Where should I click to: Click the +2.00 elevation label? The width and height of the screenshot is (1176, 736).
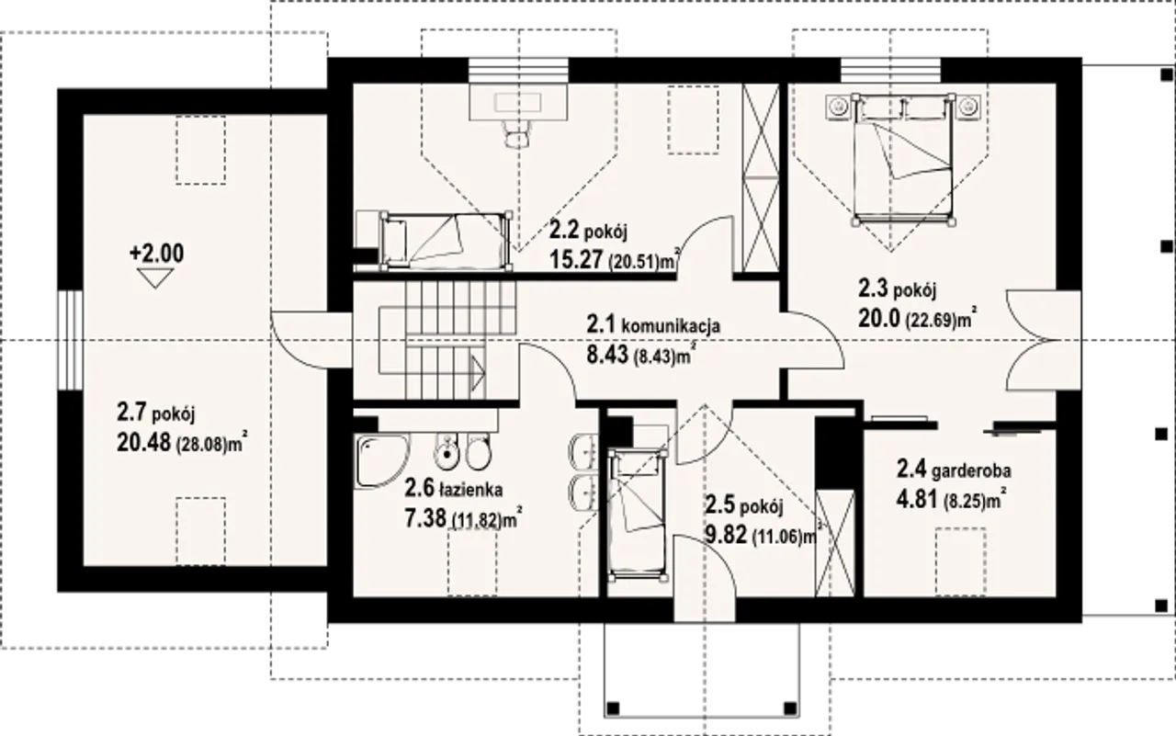(156, 254)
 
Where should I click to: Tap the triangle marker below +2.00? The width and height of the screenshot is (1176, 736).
(155, 277)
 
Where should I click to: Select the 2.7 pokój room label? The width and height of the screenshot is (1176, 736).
(156, 413)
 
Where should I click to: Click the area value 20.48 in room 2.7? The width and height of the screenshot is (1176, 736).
(144, 444)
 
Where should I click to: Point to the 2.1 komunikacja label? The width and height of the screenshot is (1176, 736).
(653, 325)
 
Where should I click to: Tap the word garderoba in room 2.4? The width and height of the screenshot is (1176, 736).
(971, 470)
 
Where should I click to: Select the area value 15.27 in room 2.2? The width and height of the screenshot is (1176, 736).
(576, 259)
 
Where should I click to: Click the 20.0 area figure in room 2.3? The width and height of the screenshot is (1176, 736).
(879, 318)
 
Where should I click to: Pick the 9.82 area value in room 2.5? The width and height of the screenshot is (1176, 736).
(727, 535)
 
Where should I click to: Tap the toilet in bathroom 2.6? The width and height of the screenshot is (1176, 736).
(478, 452)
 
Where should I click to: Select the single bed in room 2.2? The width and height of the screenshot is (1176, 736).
(447, 241)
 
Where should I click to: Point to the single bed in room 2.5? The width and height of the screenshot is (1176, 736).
(638, 515)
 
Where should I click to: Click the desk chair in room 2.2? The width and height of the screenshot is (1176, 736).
(517, 133)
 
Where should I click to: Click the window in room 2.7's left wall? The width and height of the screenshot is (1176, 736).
(71, 340)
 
